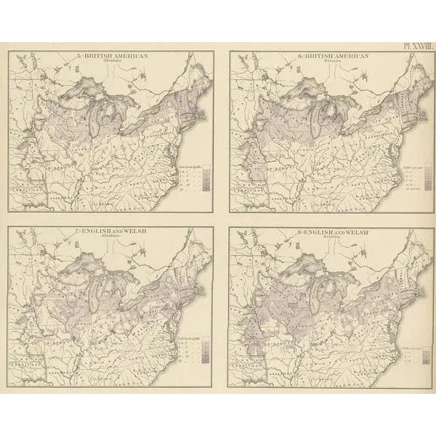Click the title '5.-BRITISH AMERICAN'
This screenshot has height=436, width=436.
(107, 55)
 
